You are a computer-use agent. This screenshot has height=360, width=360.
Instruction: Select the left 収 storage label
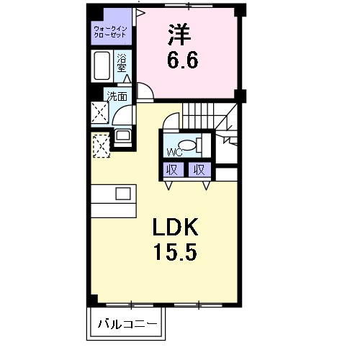point(171,170)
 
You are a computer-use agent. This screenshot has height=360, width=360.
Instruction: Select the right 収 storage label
point(199,170)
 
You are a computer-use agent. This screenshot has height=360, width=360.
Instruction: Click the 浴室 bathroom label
point(122,61)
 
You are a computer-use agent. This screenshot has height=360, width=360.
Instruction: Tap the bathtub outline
point(102,67)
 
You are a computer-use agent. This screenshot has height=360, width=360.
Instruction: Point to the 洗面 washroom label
point(117,96)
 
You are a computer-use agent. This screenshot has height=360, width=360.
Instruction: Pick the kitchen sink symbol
point(122,135)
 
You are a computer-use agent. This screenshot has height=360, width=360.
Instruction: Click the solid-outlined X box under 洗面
point(99,112)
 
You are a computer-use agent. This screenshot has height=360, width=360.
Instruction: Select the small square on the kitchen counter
point(122,193)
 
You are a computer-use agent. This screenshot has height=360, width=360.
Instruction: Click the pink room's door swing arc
point(145,92)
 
